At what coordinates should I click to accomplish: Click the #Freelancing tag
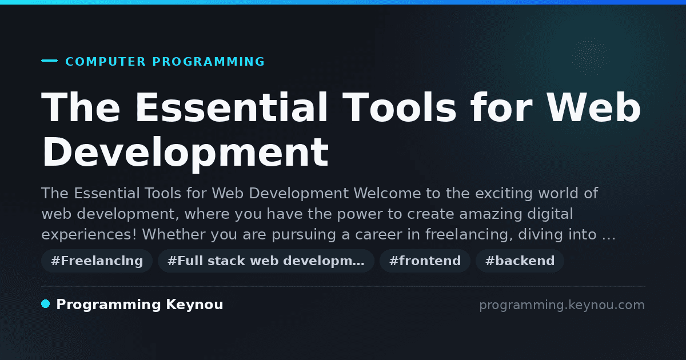[x=97, y=261]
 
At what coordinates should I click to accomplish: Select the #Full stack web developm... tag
[x=266, y=261]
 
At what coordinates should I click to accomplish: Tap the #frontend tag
[x=425, y=261]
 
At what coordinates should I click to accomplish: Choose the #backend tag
[x=520, y=261]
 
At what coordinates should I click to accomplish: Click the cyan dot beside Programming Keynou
[x=46, y=304]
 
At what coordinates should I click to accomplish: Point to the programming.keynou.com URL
[x=562, y=305]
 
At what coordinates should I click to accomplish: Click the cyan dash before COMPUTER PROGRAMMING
[x=49, y=61]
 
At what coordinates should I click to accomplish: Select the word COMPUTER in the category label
[x=106, y=62]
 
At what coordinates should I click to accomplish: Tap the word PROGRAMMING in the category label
[x=209, y=62]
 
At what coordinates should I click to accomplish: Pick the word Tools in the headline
[x=400, y=107]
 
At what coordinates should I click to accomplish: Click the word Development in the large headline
[x=186, y=153]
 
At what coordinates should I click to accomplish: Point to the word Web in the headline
[x=593, y=107]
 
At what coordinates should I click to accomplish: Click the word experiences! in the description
[x=89, y=235]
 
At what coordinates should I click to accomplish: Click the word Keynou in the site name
[x=194, y=305]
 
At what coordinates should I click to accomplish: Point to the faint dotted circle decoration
[x=590, y=57]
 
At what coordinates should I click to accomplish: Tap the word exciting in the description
[x=504, y=194]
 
